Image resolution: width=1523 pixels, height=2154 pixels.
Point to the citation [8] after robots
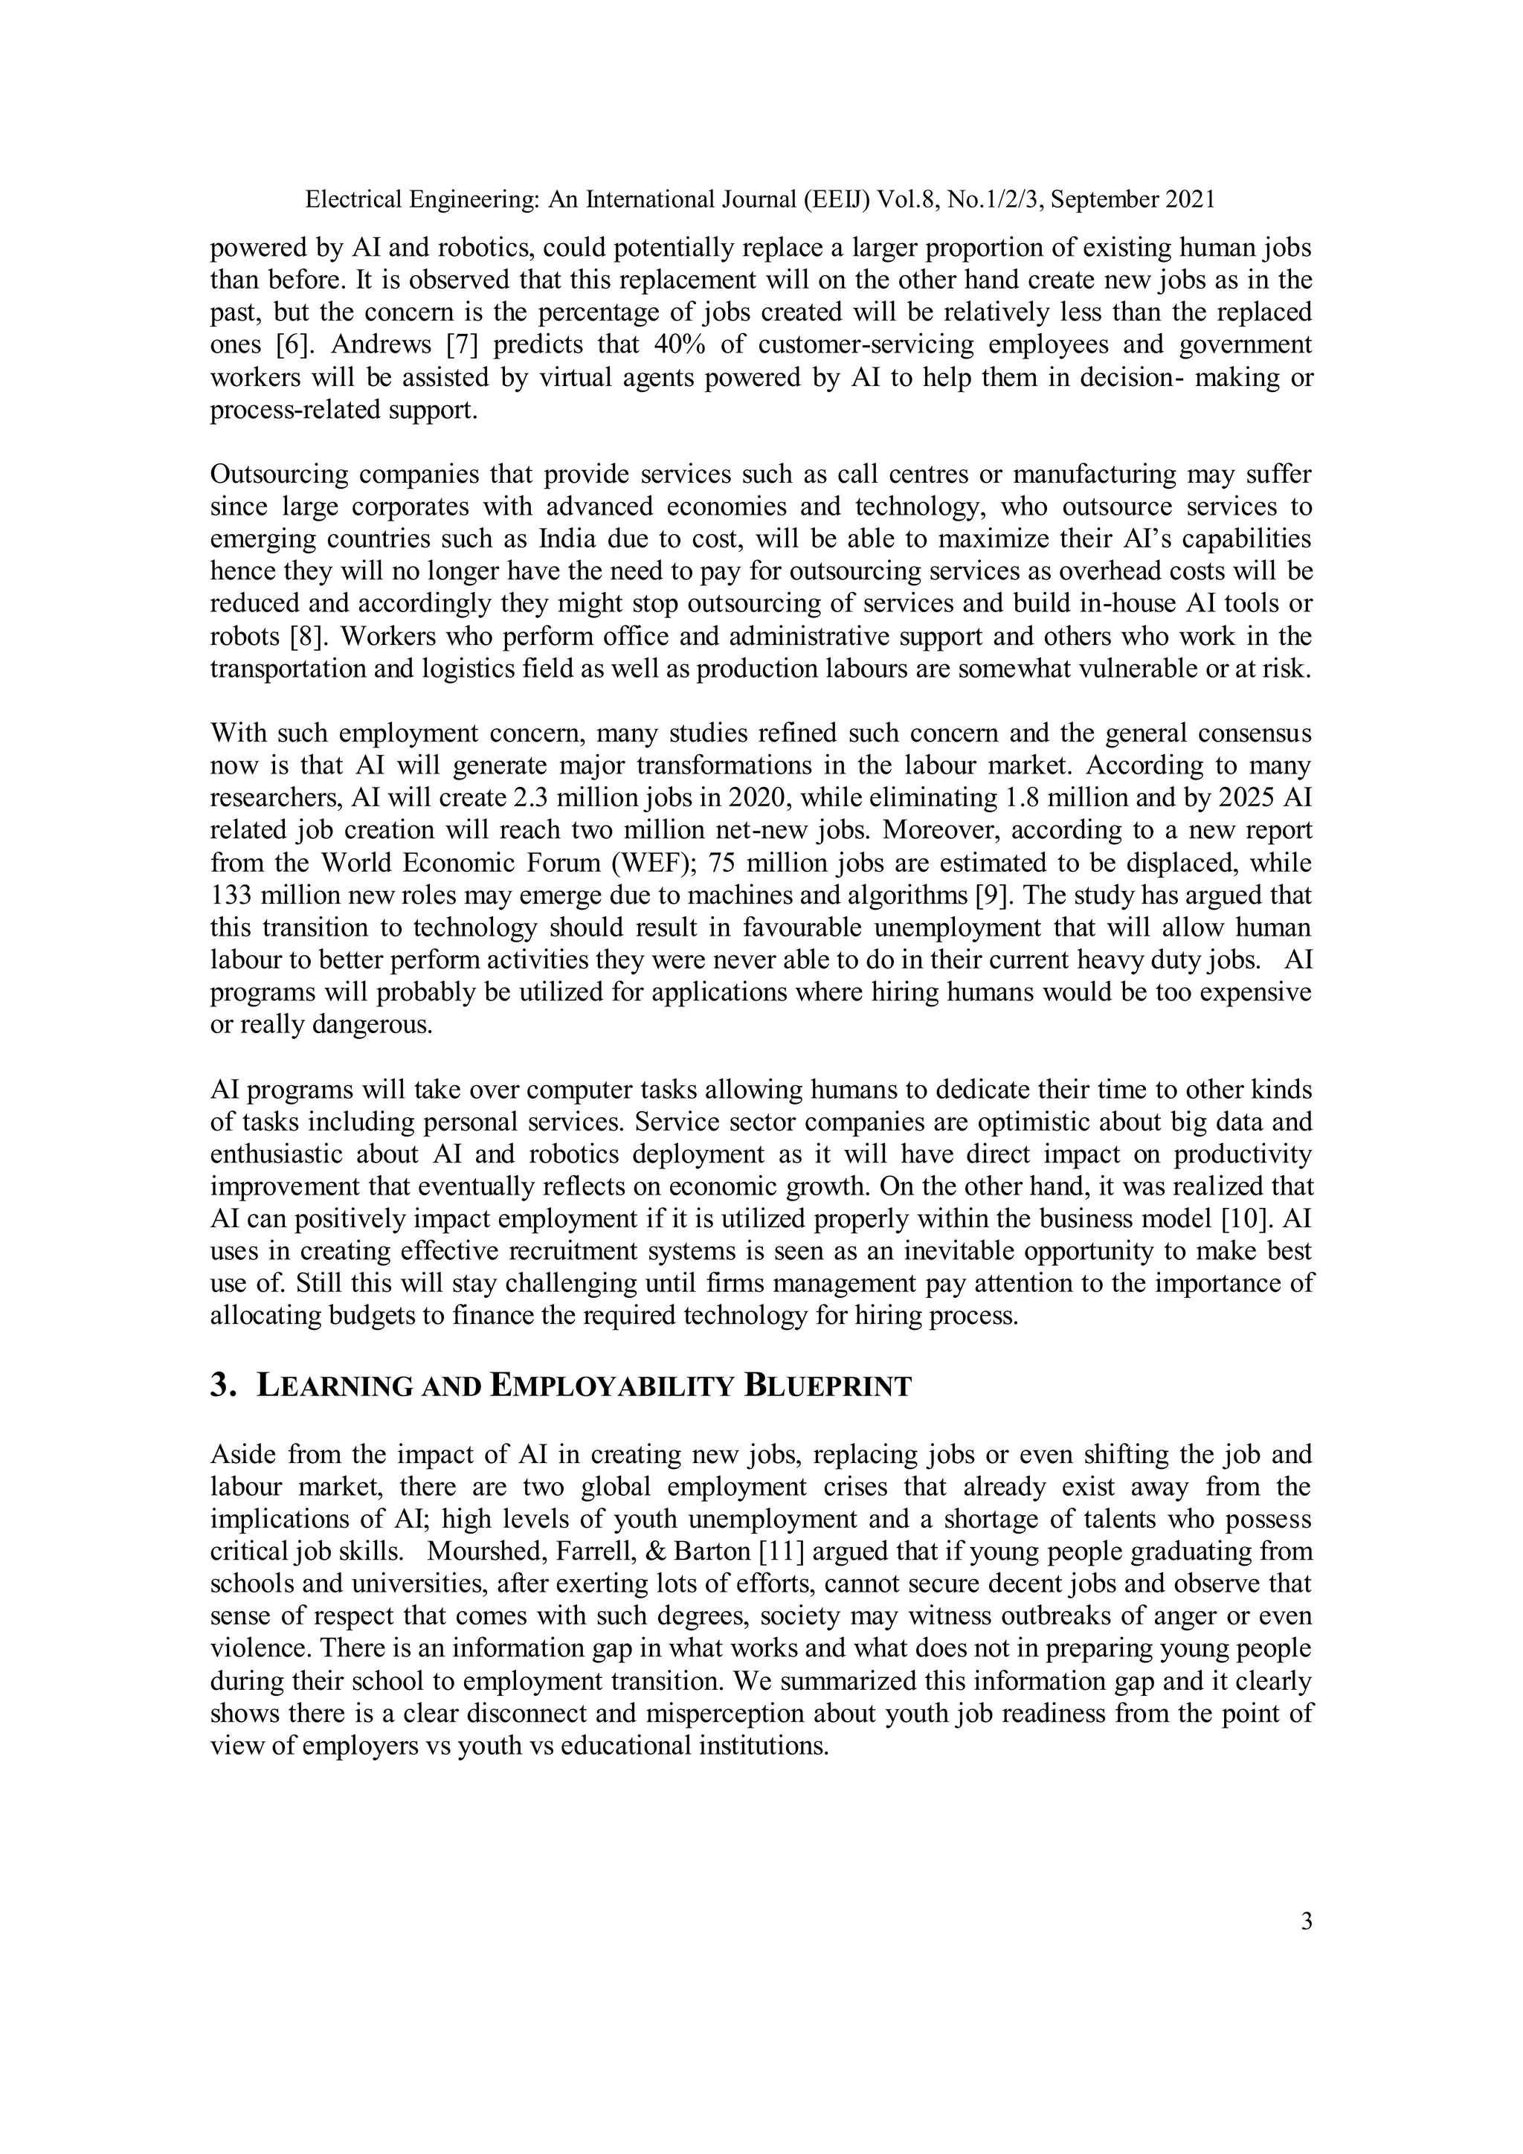click(x=308, y=637)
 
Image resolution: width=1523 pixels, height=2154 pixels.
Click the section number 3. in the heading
click(x=222, y=1386)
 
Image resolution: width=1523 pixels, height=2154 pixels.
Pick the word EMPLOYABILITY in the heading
click(x=611, y=1386)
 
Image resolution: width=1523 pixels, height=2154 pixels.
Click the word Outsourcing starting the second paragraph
click(x=277, y=475)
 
